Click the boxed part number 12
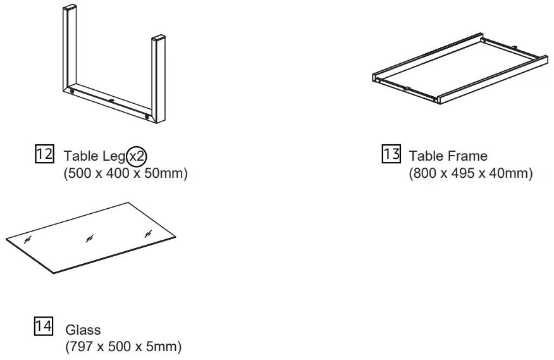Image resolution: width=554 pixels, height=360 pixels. [43, 154]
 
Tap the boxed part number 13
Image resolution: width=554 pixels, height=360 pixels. [391, 154]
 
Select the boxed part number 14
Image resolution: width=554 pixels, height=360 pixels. [43, 327]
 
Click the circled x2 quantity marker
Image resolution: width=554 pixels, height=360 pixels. [136, 156]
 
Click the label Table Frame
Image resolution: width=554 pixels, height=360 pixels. [448, 156]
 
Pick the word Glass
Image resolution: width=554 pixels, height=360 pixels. [83, 330]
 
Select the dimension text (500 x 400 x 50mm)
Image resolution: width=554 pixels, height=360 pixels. [126, 173]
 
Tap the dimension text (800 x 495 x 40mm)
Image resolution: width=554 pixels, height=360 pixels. [471, 173]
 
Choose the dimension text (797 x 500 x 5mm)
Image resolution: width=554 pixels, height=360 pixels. [123, 347]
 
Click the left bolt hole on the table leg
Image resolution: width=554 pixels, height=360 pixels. [73, 92]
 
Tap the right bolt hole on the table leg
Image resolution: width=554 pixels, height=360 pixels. [147, 118]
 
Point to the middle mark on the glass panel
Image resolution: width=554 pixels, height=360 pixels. [89, 238]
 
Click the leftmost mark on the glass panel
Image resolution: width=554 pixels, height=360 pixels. [28, 240]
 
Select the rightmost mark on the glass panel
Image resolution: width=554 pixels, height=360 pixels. [148, 235]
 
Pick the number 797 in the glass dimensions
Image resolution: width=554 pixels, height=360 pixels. [80, 347]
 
